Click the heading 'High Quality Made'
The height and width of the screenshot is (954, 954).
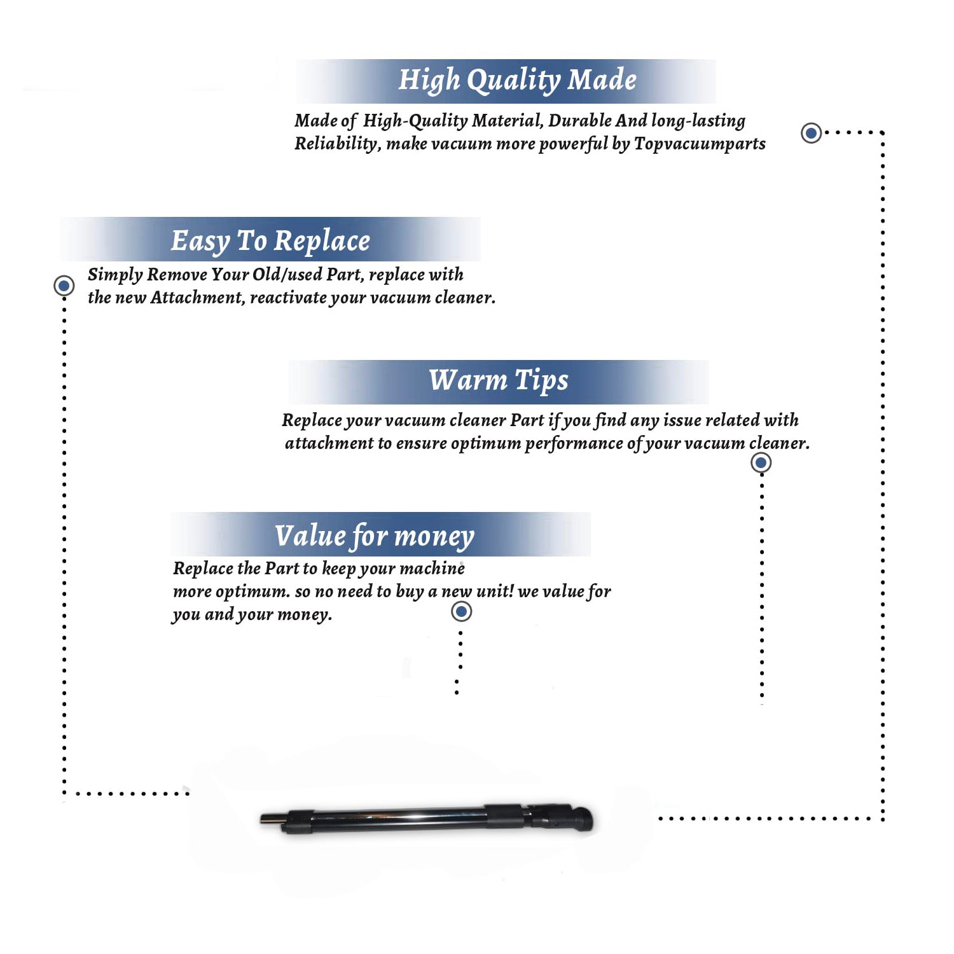pos(517,81)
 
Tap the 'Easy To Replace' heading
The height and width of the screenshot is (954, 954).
pos(270,242)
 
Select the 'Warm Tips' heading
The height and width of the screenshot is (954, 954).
pos(499,381)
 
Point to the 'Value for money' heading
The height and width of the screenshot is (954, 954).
pos(375,536)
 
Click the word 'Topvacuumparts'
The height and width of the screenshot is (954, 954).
pos(700,144)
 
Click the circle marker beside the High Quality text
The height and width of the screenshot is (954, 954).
pos(811,133)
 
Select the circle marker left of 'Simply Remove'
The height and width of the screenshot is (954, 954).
pos(64,286)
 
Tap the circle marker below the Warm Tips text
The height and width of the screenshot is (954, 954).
pos(761,462)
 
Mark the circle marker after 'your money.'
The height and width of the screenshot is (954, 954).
pos(461,612)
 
